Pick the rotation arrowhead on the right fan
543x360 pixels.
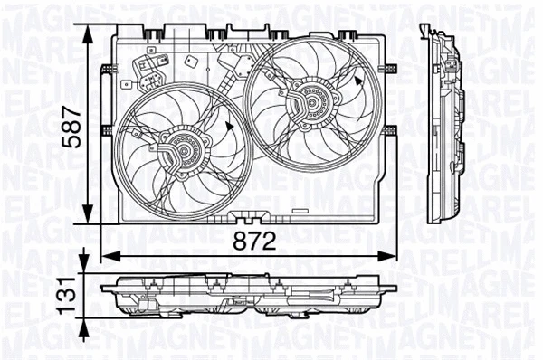359,81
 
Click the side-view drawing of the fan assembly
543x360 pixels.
445,127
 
